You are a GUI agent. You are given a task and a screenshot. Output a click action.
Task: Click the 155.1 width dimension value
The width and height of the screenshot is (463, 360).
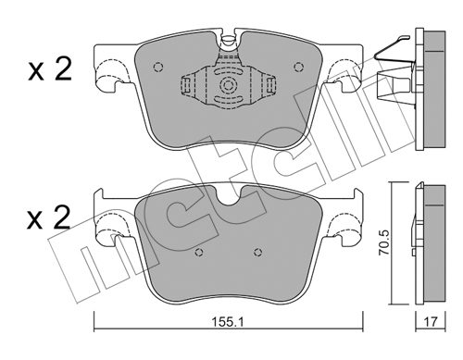[228, 322]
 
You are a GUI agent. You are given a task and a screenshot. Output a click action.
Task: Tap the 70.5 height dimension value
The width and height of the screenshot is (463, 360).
[384, 242]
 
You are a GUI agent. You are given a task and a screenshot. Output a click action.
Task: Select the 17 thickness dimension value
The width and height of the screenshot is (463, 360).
[431, 322]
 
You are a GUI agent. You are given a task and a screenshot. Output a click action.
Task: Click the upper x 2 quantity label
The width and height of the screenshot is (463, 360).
[50, 69]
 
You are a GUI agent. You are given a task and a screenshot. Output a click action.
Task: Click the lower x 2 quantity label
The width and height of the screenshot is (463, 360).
[49, 218]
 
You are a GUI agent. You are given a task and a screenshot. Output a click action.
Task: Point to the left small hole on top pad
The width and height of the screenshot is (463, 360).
[158, 67]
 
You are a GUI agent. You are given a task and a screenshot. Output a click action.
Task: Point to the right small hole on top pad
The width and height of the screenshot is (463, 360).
[298, 67]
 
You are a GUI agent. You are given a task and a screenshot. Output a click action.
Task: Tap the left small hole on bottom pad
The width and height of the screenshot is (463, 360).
[200, 252]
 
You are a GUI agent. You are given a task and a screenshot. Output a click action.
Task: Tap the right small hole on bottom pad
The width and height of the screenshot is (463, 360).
[258, 252]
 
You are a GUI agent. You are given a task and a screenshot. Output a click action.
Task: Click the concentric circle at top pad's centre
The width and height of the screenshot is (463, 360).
[228, 85]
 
